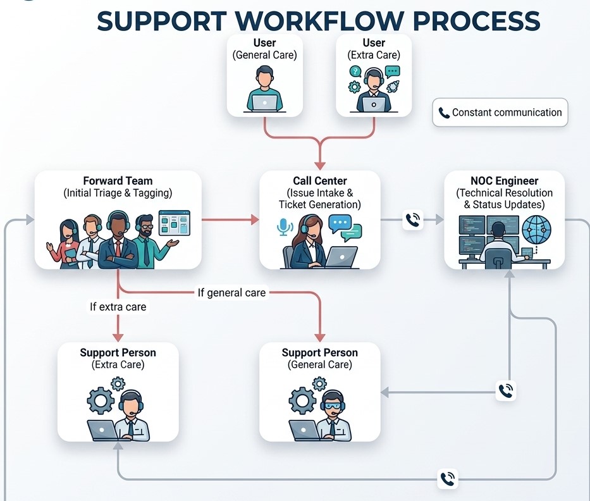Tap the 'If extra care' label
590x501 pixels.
pos(118,307)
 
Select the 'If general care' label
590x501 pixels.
pos(232,292)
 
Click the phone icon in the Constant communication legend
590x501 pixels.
pos(444,113)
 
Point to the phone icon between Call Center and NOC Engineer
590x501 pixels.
pos(413,220)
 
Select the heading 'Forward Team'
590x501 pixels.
pos(118,181)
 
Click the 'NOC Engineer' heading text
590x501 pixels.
pos(504,181)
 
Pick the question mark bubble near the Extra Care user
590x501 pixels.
pos(355,71)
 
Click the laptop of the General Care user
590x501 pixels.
pos(264,102)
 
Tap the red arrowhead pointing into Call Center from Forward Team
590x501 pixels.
pos(255,220)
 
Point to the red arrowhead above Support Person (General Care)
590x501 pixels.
pos(320,337)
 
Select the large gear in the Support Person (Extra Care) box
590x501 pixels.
pos(100,400)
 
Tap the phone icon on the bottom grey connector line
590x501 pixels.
pos(447,479)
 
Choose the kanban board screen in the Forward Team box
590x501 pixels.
pos(174,223)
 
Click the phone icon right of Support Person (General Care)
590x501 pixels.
pos(505,391)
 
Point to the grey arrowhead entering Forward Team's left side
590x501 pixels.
pos(30,220)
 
